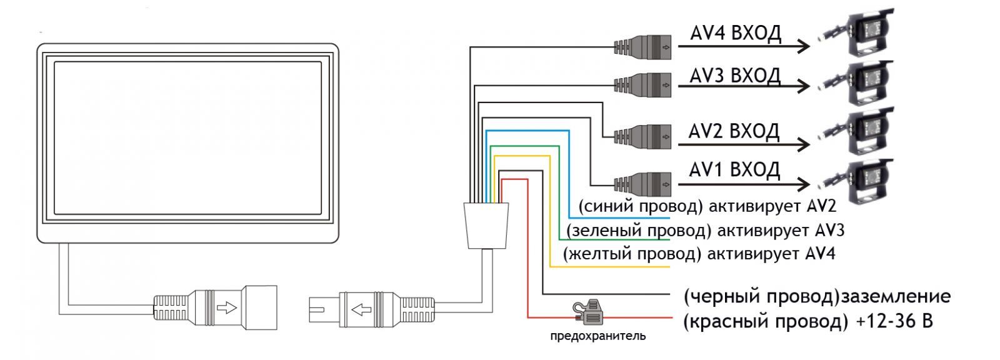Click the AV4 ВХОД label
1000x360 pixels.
point(735,34)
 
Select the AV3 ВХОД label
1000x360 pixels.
point(735,76)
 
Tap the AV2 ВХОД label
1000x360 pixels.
point(734,131)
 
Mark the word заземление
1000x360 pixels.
point(895,296)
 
